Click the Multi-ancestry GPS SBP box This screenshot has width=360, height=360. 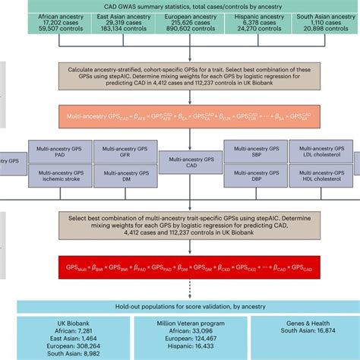click(x=251, y=151)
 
